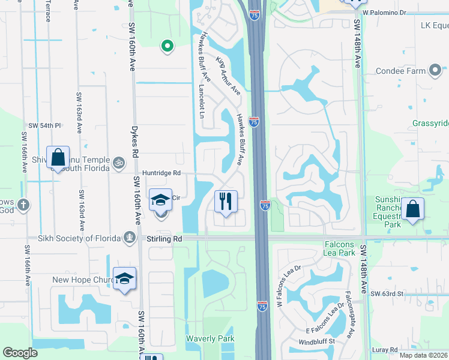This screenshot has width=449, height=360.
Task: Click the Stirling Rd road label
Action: tap(164, 238)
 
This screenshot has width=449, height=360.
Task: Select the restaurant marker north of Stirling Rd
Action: tap(226, 201)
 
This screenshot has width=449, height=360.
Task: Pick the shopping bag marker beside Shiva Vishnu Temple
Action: tap(58, 158)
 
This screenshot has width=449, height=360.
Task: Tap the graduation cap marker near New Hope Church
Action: tap(124, 278)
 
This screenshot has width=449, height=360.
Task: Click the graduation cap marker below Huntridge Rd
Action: tap(160, 200)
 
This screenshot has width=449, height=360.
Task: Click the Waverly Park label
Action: tap(209, 338)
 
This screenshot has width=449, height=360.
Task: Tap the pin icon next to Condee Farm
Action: tap(435, 71)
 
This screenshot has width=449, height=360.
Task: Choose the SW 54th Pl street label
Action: tap(45, 125)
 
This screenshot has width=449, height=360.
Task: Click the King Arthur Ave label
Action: tap(228, 76)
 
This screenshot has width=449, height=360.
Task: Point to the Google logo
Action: tap(20, 353)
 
